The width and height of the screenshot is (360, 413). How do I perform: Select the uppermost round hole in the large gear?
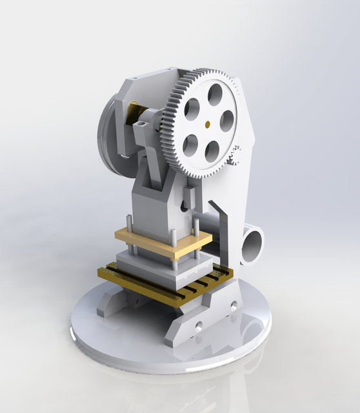[x=215, y=95]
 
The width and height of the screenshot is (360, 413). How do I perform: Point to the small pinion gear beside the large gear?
[x=236, y=156]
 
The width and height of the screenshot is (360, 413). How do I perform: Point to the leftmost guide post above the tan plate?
[x=130, y=223]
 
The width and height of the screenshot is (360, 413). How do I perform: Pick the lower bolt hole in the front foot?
[x=199, y=327]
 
